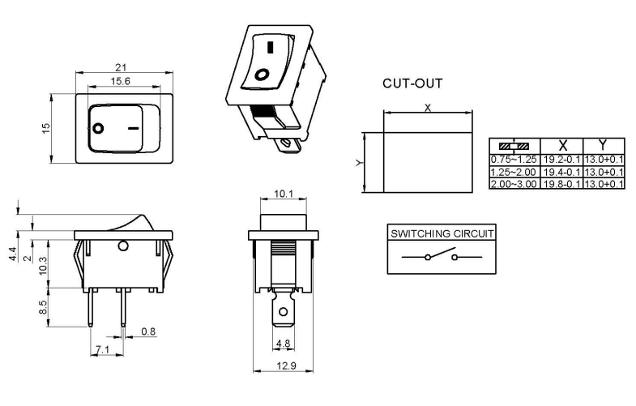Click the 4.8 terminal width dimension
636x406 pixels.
284,343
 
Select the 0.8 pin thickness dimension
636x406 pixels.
149,332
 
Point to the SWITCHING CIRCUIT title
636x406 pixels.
442,233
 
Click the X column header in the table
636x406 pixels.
561,146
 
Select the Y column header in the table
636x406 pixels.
603,146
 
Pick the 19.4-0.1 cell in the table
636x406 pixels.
561,172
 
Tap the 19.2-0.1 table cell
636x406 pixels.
561,160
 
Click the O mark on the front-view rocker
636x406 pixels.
99,128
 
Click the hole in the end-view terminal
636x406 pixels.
283,311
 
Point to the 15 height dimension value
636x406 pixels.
47,128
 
